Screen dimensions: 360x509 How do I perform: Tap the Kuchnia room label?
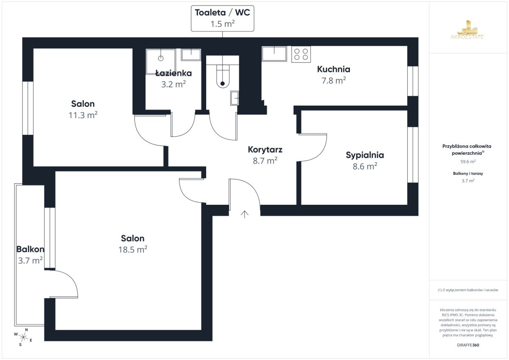coord(333,69)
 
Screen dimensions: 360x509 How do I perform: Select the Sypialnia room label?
coord(365,155)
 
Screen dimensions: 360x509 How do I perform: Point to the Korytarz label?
coord(265,149)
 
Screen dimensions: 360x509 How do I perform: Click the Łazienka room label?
coord(173,73)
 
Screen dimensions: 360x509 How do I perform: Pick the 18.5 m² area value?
coord(132,249)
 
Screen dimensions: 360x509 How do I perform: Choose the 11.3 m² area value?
coord(83,115)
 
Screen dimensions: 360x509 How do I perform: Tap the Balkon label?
coord(30,249)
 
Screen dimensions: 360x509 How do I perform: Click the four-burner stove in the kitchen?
coord(301,54)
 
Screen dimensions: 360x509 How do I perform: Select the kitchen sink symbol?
coord(274,54)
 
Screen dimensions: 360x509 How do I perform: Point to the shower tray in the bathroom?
coord(161,61)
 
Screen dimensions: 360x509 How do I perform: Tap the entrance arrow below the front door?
coord(245,214)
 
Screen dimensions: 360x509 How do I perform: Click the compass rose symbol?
coord(23,337)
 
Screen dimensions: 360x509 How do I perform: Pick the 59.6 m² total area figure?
coord(468,162)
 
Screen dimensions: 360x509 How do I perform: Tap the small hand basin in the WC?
coord(235,98)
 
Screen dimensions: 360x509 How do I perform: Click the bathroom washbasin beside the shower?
coord(191,55)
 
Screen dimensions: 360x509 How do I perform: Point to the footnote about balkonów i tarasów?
coord(468,290)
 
